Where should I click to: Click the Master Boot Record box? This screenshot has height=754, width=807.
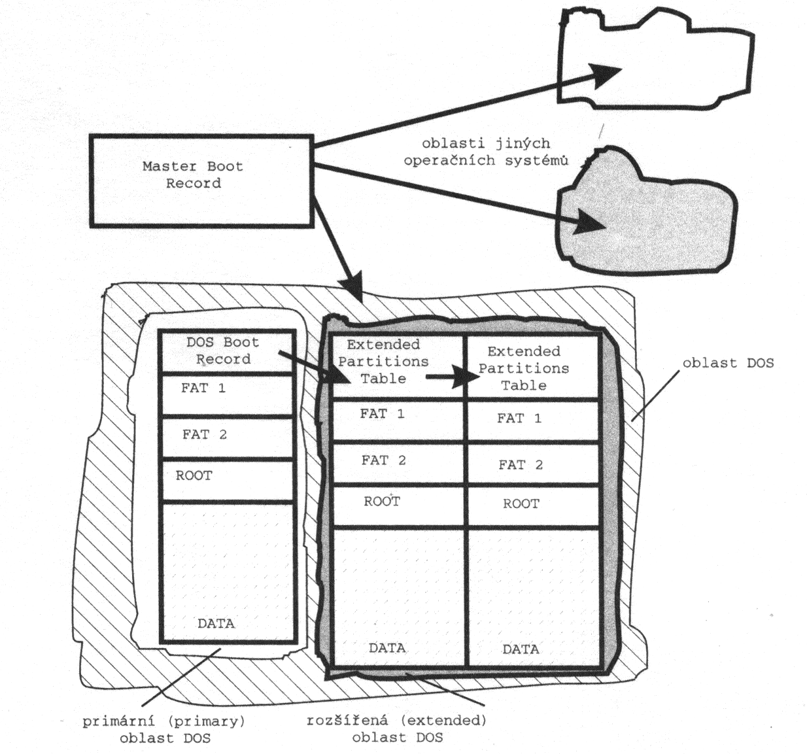tap(201, 180)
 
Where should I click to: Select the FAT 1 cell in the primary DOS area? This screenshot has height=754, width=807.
tap(226, 394)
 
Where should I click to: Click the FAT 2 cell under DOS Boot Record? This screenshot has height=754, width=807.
tap(226, 437)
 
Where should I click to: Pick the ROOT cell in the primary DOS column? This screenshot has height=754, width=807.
tap(226, 480)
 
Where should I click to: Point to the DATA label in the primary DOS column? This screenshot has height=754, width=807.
tap(216, 623)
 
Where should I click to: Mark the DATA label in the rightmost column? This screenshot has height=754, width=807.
tap(521, 649)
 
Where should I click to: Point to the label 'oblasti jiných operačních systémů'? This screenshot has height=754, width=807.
tap(485, 152)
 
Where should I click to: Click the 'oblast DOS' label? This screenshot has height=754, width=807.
tap(727, 363)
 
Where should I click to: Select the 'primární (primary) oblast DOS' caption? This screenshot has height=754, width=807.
tap(164, 729)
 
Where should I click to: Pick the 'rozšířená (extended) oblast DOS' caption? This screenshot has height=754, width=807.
tap(397, 728)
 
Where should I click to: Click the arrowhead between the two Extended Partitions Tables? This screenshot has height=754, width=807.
tap(467, 377)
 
